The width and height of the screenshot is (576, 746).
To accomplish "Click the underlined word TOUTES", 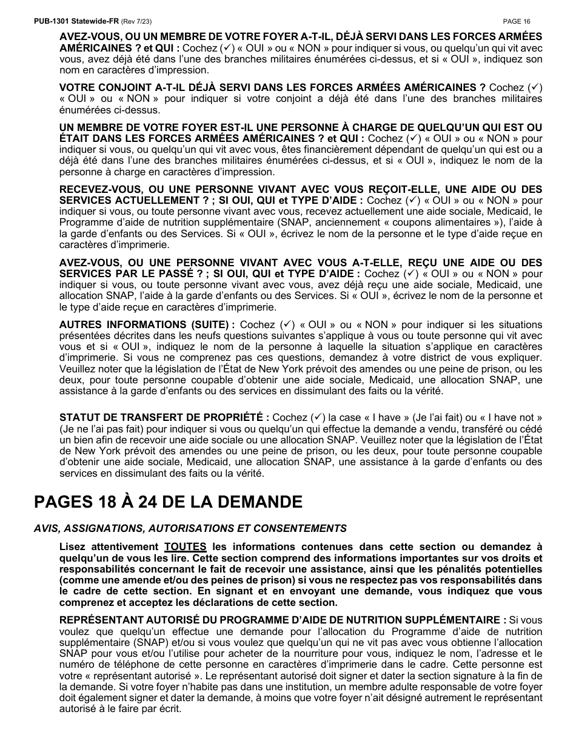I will pos(185,546).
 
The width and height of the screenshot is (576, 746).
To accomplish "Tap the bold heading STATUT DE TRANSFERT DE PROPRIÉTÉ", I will pos(164,417).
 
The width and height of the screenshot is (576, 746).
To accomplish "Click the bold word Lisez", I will pos(72,546).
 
